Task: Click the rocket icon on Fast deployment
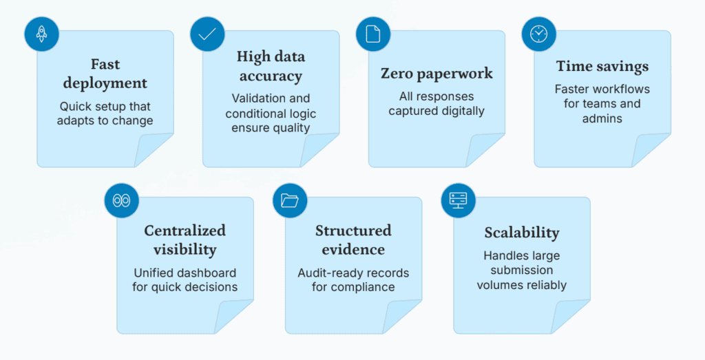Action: coord(41,34)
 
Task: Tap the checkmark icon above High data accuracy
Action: coord(207,34)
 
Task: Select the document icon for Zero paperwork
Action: coord(372,34)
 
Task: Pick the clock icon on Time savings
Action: coord(538,34)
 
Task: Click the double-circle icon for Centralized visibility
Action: coord(121,200)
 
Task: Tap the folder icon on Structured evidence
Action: coord(290,200)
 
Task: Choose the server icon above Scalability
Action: coord(458,200)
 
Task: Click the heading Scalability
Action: coord(522,233)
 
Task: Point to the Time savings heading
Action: coord(602,67)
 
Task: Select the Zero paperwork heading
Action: coord(436,74)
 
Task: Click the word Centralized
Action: coord(185,231)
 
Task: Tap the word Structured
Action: coord(353,231)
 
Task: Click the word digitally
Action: coord(462,111)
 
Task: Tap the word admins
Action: coord(602,118)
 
